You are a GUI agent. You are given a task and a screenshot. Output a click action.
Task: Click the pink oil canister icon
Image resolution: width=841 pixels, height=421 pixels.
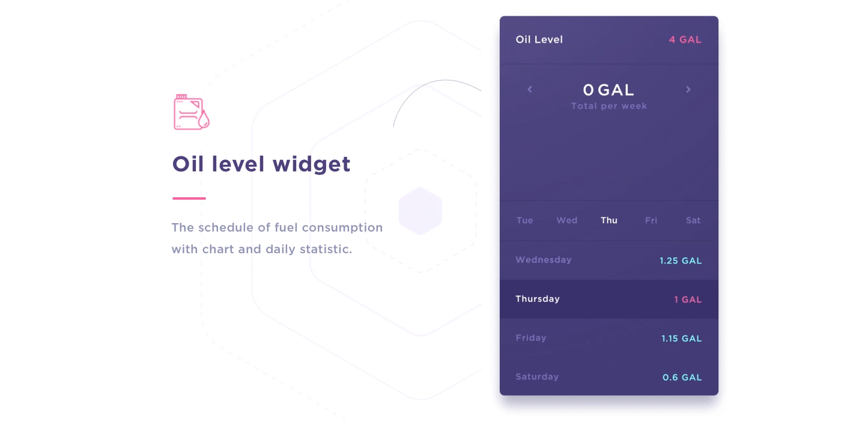click(192, 112)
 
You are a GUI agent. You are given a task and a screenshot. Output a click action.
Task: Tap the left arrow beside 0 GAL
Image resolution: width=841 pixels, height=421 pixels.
click(530, 90)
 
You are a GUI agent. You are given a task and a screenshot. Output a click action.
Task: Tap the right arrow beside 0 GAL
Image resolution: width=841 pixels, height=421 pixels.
click(688, 90)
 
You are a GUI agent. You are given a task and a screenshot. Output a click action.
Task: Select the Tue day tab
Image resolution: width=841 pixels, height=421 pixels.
click(524, 220)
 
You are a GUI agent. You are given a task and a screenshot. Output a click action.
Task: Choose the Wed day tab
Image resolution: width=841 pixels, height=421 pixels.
click(567, 220)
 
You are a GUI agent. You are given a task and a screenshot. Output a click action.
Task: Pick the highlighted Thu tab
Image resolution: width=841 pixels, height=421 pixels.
click(609, 220)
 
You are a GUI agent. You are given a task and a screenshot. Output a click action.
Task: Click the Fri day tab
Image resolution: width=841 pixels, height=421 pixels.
click(651, 220)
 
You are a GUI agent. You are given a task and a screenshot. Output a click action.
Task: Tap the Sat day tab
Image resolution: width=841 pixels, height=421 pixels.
click(693, 220)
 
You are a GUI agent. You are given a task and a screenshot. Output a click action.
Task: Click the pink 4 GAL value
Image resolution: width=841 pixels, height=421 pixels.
click(685, 40)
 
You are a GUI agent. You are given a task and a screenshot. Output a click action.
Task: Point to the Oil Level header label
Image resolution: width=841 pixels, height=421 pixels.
click(539, 40)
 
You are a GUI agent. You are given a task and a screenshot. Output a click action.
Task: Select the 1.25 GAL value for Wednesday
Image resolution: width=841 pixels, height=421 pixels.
click(681, 261)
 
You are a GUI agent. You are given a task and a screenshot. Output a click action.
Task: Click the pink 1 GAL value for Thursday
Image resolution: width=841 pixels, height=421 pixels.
click(688, 300)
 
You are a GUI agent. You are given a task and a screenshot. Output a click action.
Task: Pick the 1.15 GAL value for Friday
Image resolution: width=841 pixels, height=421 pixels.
click(681, 339)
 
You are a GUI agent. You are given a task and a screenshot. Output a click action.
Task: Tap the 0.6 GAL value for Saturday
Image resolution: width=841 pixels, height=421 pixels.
click(682, 378)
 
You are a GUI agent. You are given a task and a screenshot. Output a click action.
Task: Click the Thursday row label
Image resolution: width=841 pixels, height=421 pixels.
click(538, 299)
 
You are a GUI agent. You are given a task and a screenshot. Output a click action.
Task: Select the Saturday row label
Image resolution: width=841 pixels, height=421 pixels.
click(537, 376)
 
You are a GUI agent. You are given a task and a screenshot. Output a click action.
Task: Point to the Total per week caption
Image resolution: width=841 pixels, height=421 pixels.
click(609, 106)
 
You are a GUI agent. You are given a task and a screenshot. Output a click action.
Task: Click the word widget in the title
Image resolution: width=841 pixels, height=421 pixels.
click(311, 165)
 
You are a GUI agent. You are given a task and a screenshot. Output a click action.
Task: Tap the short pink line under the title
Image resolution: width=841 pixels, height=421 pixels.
click(189, 198)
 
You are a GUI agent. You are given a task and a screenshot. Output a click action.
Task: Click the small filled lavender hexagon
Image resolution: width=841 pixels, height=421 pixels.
click(421, 211)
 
